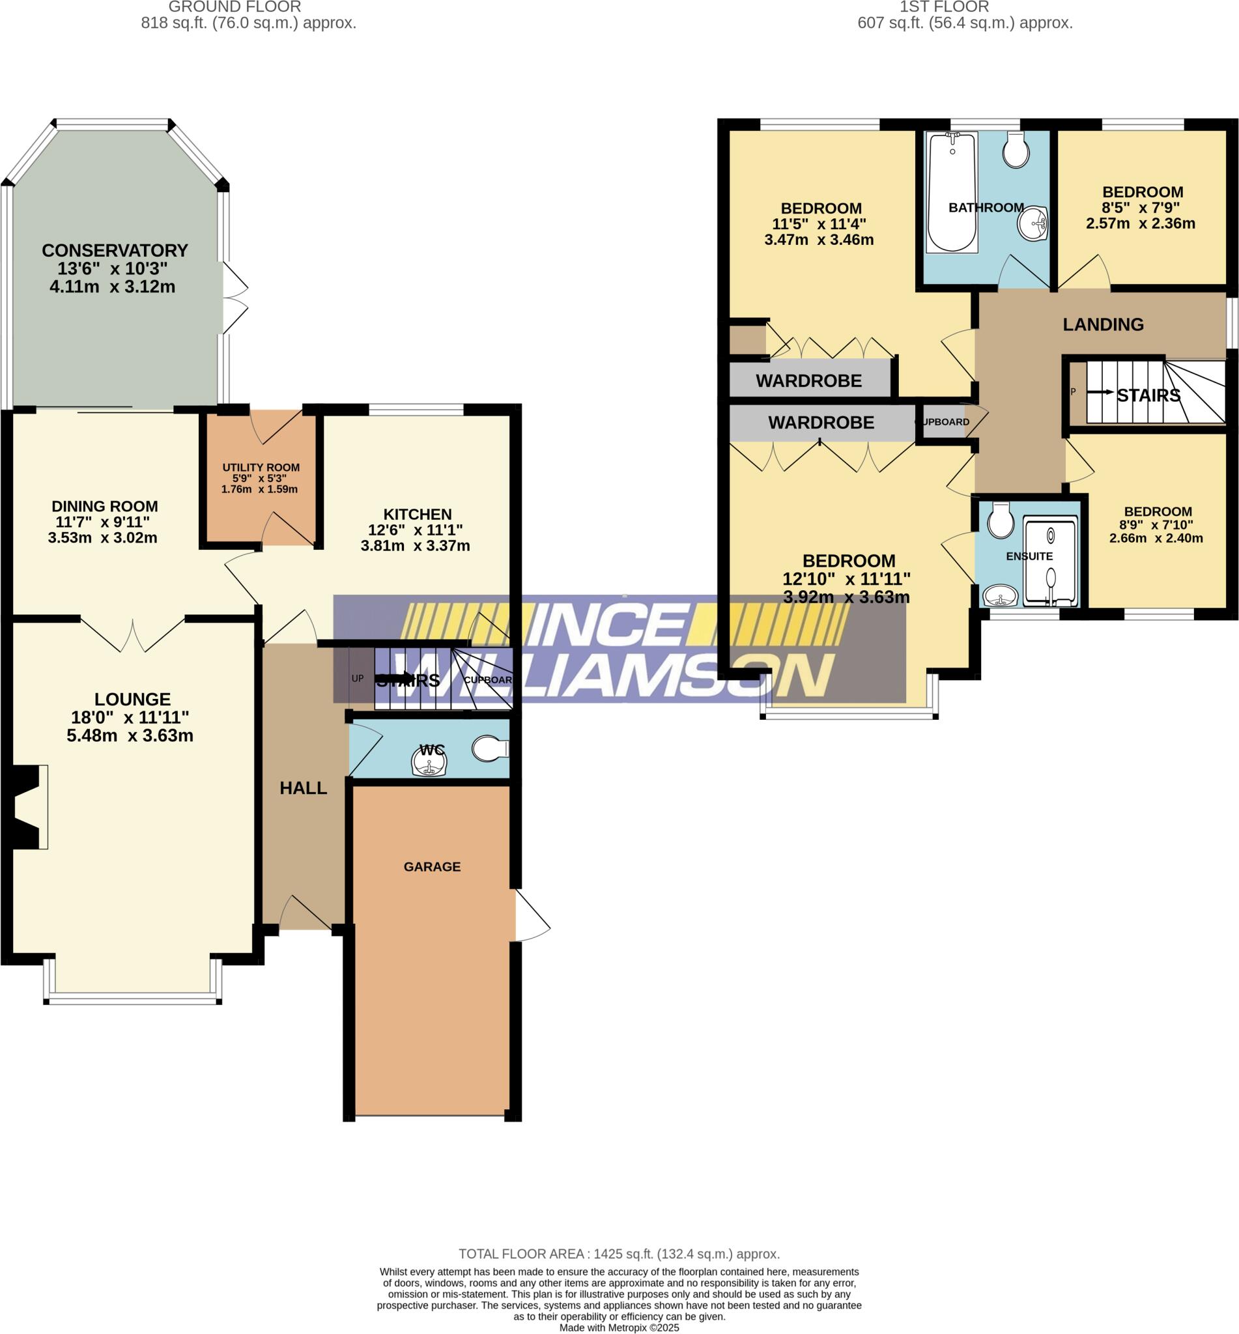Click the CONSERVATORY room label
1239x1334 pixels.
(x=115, y=251)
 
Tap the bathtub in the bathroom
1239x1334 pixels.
(x=951, y=192)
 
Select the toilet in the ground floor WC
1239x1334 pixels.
(x=491, y=749)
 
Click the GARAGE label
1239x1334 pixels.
(x=432, y=867)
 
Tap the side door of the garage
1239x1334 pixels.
(x=532, y=915)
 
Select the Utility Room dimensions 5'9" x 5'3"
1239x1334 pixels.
(x=260, y=479)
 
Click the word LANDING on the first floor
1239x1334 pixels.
(x=1103, y=324)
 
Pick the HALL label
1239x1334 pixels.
(x=303, y=788)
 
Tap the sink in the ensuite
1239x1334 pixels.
(x=1000, y=595)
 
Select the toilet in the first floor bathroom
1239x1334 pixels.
(x=1016, y=149)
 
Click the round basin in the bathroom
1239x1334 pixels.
(x=1032, y=223)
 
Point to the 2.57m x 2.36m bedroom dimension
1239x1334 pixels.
(x=1141, y=224)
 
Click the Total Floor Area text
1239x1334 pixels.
(x=619, y=1254)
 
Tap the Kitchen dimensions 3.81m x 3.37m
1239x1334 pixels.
(x=415, y=546)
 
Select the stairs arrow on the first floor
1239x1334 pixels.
(x=1100, y=392)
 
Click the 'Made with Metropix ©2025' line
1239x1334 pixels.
(x=619, y=1327)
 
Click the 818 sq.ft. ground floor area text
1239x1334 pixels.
(x=248, y=23)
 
